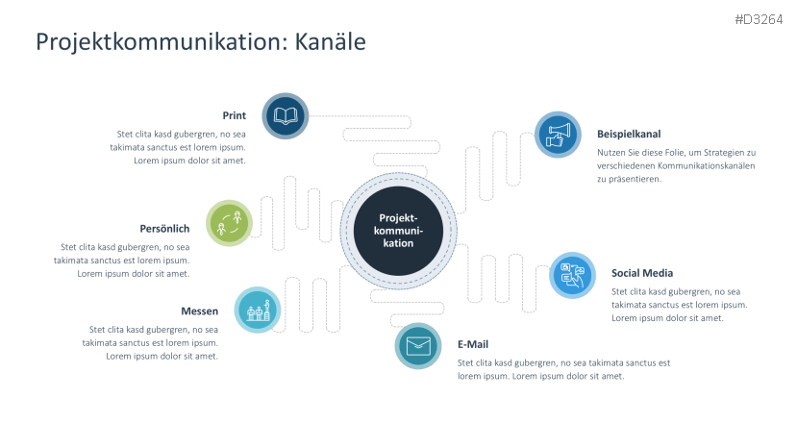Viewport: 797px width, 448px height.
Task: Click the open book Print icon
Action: [286, 116]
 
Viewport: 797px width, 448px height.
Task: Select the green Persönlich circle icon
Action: [231, 223]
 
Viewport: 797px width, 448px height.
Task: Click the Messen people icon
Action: [258, 311]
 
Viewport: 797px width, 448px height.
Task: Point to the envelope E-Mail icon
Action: [418, 346]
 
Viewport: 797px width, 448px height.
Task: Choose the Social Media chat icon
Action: [572, 275]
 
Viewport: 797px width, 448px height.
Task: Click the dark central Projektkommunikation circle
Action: [397, 230]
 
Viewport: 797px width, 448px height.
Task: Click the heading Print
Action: [234, 115]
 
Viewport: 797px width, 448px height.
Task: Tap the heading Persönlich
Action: [164, 229]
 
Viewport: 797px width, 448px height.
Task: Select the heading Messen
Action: [199, 311]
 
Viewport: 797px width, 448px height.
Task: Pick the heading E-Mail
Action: [473, 344]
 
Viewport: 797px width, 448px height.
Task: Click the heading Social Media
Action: [641, 273]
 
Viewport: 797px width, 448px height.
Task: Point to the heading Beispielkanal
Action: [629, 135]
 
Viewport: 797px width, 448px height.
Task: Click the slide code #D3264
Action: [758, 19]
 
